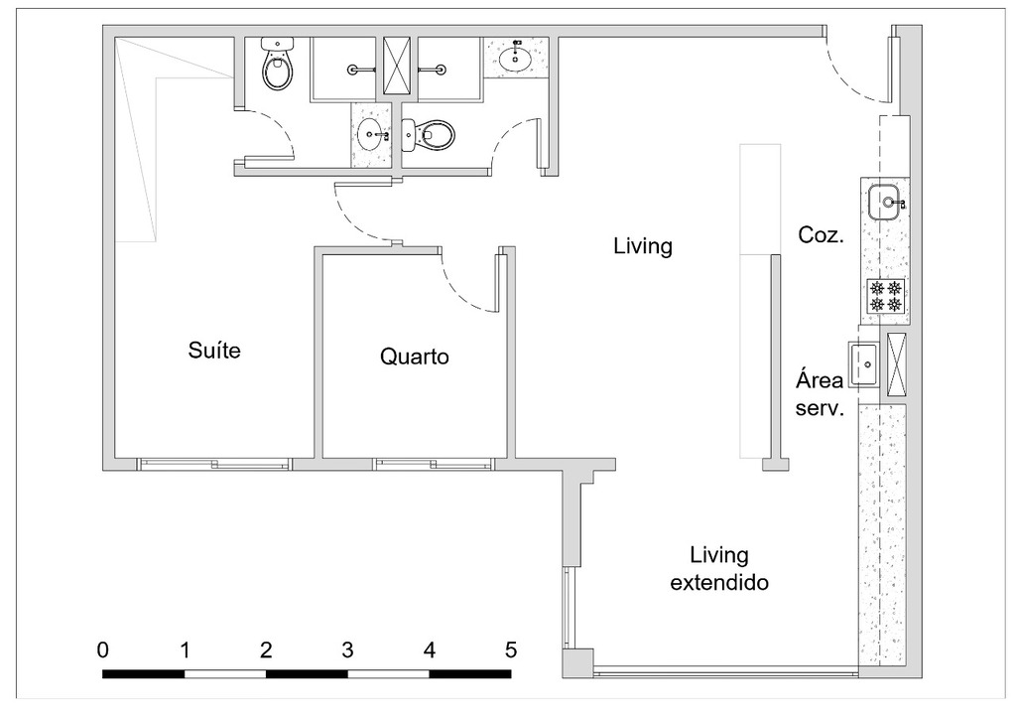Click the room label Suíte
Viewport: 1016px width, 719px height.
point(214,351)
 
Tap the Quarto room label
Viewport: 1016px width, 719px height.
point(414,357)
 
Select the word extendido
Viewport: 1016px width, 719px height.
point(719,583)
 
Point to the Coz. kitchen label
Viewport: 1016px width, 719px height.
point(821,235)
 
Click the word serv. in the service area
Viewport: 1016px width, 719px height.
point(820,407)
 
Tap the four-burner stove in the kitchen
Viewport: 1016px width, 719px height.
point(885,296)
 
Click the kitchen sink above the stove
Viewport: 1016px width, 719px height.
point(885,204)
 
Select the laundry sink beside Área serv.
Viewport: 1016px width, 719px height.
point(862,364)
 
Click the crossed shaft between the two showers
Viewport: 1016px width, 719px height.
point(400,67)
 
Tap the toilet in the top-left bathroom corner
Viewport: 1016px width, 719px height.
point(277,65)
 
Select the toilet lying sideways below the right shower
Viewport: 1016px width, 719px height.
point(429,134)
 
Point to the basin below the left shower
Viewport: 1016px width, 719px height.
point(373,136)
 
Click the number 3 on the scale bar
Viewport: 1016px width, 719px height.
point(347,650)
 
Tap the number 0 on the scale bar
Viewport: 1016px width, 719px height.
point(103,650)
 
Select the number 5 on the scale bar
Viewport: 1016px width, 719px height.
point(511,650)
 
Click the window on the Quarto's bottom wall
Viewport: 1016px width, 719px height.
point(433,463)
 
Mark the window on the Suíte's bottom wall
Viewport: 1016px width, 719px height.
point(214,463)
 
